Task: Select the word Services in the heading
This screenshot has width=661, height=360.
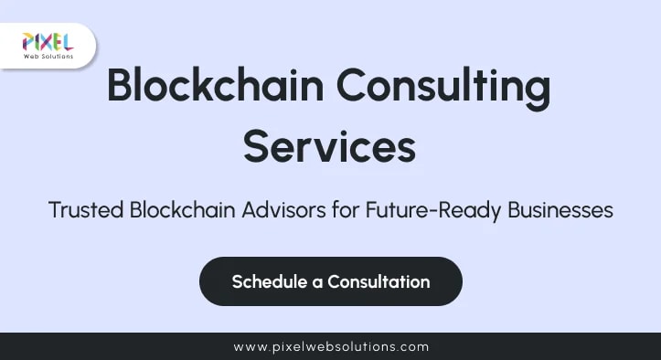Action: coord(329,146)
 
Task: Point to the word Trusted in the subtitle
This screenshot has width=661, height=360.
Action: coord(86,210)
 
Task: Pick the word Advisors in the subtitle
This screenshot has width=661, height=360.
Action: coord(279,210)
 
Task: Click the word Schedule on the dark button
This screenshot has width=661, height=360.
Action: coord(270,281)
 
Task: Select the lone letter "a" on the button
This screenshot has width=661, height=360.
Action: coord(317,282)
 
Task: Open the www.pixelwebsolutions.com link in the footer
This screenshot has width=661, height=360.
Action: coord(331,347)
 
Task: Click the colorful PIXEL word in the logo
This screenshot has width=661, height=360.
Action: coord(48,41)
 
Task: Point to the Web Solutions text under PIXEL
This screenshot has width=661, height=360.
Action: coord(48,57)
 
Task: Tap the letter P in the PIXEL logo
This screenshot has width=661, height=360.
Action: coord(28,41)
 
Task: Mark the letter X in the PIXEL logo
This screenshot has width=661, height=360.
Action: coord(47,41)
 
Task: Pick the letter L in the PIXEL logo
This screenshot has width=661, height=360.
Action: coord(67,41)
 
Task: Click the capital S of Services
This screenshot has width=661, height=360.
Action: coord(257,146)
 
